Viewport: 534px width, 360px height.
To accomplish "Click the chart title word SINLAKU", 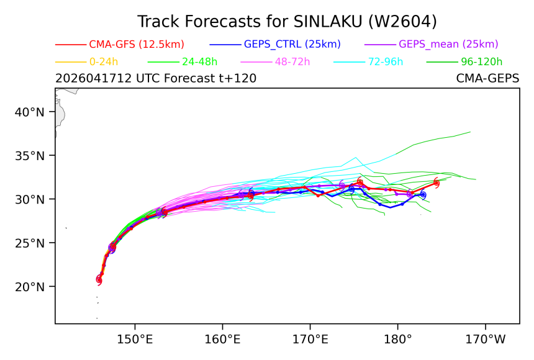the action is click(328, 22).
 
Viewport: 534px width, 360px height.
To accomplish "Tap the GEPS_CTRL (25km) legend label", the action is click(292, 44).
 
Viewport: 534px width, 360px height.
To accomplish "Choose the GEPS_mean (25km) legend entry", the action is click(448, 44).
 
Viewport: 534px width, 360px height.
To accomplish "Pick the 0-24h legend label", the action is click(104, 61).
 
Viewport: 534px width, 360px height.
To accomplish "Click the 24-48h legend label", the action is click(199, 61).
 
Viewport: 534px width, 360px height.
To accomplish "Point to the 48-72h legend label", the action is click(292, 61).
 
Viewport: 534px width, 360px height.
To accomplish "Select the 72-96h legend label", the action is click(385, 61).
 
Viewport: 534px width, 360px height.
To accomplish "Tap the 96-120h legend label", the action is click(482, 61).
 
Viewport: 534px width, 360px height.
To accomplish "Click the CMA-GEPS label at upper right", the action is click(487, 78).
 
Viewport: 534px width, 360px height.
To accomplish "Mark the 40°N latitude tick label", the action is click(30, 112).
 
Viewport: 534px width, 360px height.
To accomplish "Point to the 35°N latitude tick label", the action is click(30, 156).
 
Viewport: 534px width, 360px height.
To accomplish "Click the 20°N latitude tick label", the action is click(30, 287).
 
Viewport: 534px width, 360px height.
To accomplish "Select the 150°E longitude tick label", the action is click(135, 340).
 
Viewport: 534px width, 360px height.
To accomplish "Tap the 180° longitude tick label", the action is click(397, 340).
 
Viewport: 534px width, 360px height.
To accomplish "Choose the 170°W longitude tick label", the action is click(486, 340).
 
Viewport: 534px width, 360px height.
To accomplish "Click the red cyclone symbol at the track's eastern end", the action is click(437, 183).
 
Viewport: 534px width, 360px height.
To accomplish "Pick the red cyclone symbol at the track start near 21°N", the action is click(99, 280).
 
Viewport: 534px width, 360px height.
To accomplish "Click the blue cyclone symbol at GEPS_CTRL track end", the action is click(423, 194).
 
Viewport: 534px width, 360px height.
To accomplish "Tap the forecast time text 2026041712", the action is click(93, 78).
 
